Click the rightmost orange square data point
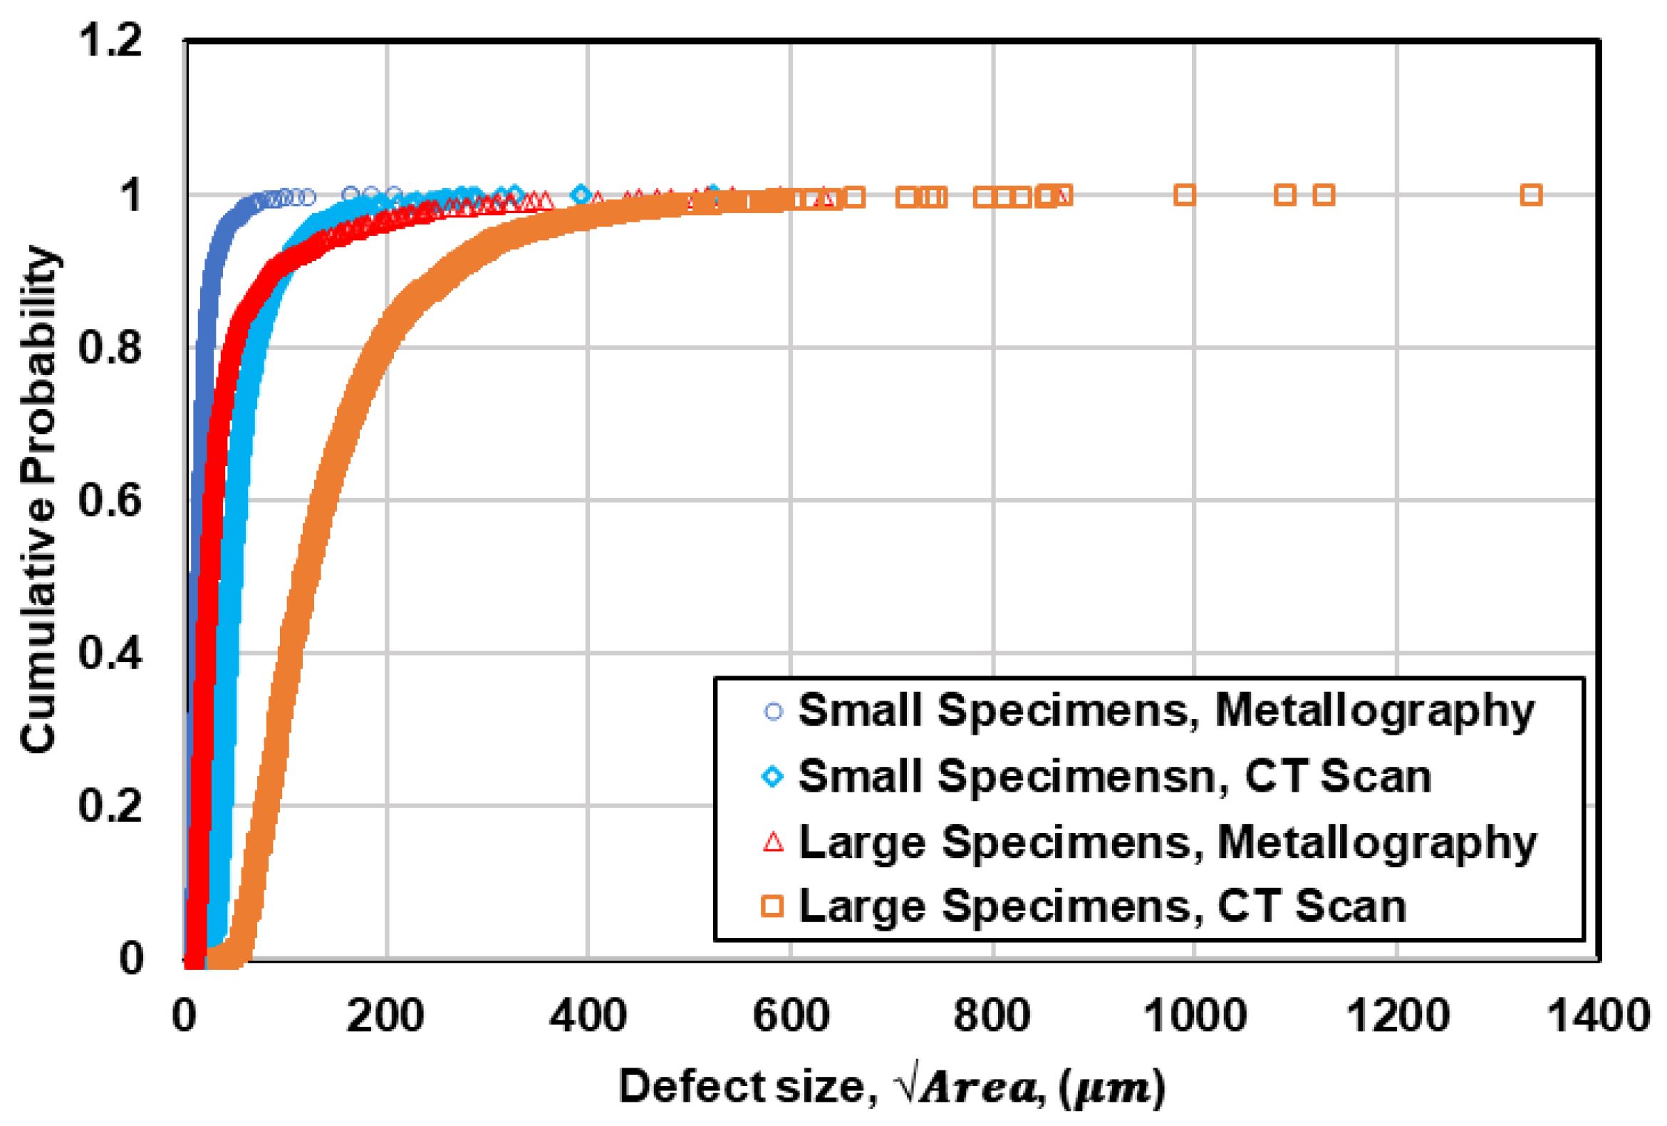tap(1531, 195)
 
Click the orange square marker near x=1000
tap(1184, 195)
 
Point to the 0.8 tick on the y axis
tap(110, 347)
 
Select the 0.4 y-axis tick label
tap(110, 653)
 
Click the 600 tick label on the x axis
tap(790, 1016)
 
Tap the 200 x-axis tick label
tap(385, 1016)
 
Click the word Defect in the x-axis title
tap(692, 1086)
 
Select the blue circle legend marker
tap(773, 711)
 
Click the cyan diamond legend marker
tap(773, 777)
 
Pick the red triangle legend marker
tap(773, 842)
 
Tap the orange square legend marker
tap(773, 907)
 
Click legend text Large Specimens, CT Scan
tap(1102, 907)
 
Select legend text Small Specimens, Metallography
tap(1166, 711)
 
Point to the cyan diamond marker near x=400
tap(581, 195)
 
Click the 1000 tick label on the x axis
tap(1193, 1016)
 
